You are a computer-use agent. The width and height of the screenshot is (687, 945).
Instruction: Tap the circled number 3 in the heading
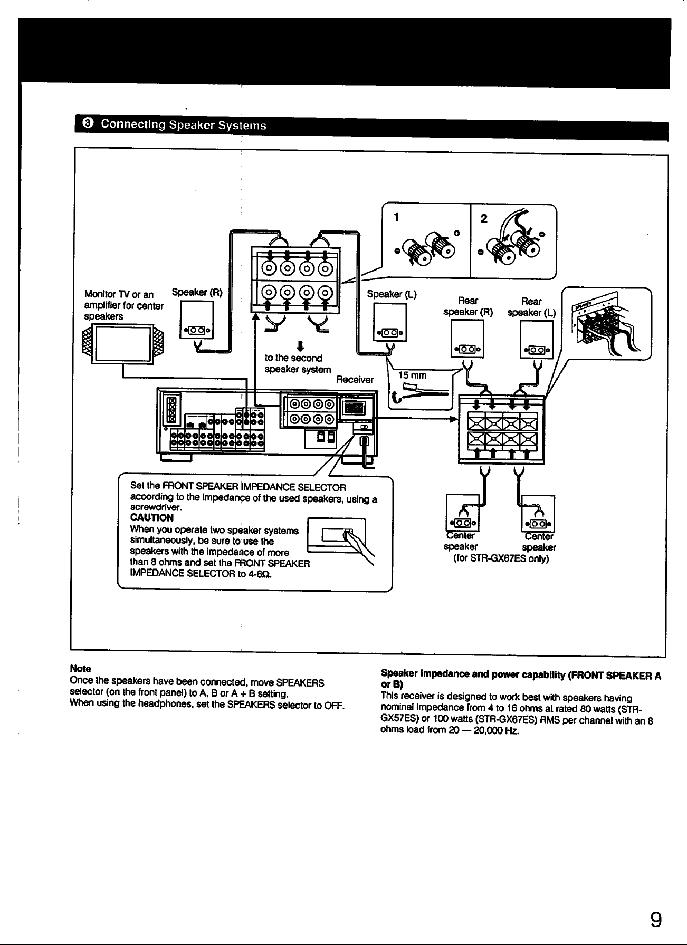[x=88, y=124]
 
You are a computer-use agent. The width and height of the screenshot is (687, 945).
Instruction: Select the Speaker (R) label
[x=196, y=292]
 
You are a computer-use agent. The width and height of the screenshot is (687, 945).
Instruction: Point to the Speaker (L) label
[x=392, y=294]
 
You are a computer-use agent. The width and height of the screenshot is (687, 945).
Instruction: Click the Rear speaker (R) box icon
[x=467, y=340]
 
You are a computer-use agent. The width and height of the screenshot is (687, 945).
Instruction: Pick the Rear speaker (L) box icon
[x=536, y=340]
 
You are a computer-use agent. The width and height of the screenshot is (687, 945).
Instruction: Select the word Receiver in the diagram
[x=355, y=380]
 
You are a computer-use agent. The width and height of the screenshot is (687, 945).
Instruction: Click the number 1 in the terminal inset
[x=397, y=218]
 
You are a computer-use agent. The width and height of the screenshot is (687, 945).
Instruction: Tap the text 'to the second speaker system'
[x=298, y=364]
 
